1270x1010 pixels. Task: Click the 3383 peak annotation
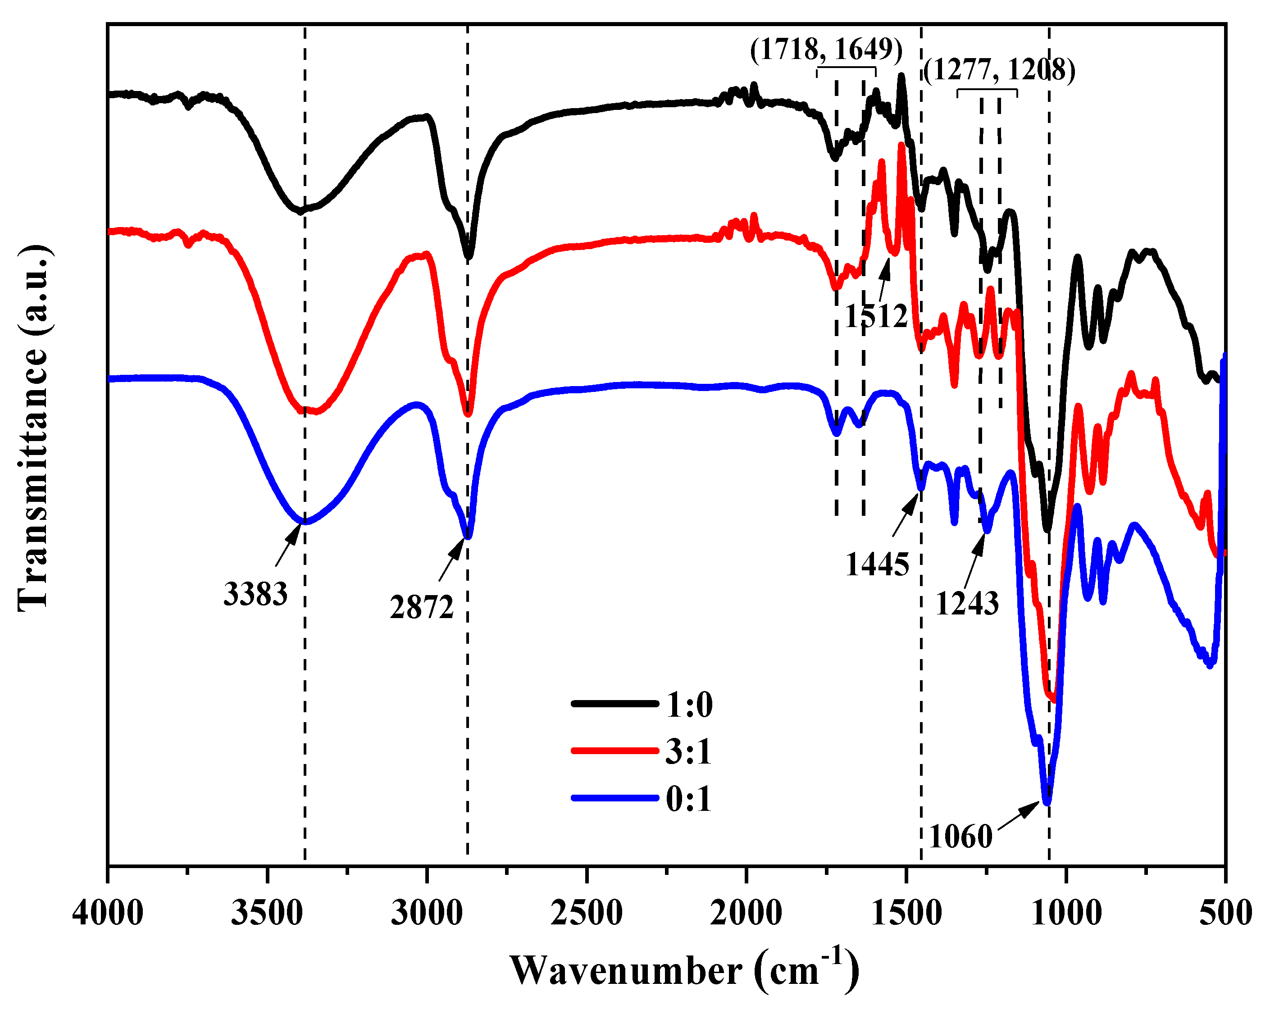click(255, 594)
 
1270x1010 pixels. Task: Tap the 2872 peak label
click(422, 607)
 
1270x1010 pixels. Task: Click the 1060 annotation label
click(961, 836)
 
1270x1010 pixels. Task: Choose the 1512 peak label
click(876, 316)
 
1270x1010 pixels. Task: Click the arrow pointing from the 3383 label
click(289, 545)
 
